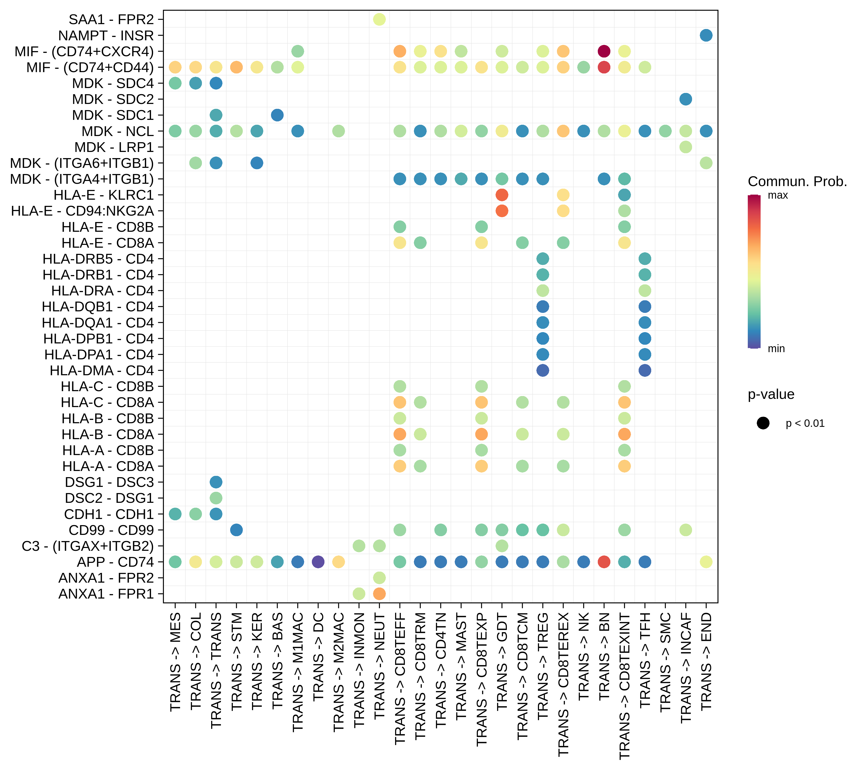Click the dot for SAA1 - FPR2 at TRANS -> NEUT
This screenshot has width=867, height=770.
point(379,20)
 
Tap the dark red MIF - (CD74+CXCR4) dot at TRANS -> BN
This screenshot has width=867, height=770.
point(604,51)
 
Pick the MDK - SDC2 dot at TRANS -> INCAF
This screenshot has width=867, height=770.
point(685,99)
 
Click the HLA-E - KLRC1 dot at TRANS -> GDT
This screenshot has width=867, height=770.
point(502,195)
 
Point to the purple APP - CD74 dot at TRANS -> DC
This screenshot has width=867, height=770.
point(318,562)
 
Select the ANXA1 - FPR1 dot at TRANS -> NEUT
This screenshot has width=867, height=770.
point(379,594)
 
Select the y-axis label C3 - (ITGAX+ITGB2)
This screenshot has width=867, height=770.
point(88,546)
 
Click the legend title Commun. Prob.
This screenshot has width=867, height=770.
point(797,181)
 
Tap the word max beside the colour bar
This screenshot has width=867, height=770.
point(778,195)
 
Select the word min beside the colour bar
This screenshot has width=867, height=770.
point(776,349)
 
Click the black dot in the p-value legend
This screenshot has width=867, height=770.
point(763,423)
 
